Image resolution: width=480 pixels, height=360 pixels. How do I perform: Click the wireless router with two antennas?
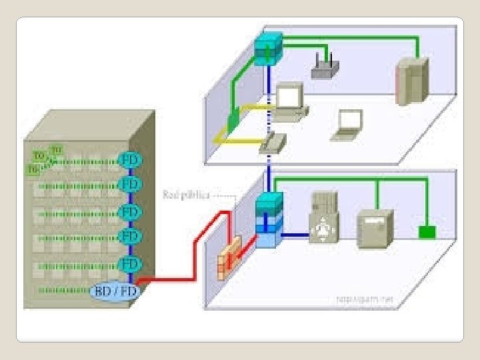(325, 66)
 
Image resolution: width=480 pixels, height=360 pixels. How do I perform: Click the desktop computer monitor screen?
(289, 98)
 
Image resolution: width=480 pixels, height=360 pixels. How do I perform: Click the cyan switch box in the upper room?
(268, 48)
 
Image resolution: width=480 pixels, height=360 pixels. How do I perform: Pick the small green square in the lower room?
(426, 232)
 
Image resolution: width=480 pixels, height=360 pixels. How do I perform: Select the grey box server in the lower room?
(375, 229)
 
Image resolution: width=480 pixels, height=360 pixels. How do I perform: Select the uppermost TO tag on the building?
(57, 149)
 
